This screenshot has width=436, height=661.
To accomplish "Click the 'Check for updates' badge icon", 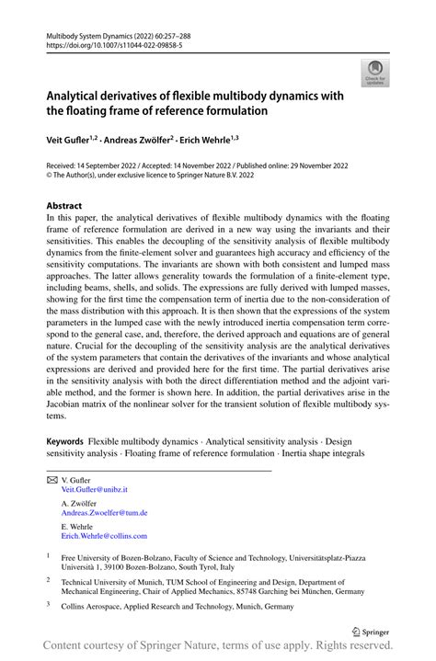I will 375,72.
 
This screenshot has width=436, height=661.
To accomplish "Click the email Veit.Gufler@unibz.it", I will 95,491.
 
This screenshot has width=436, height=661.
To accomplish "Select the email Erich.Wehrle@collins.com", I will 104,535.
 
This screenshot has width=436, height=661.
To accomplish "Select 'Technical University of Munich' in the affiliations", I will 119,581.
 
